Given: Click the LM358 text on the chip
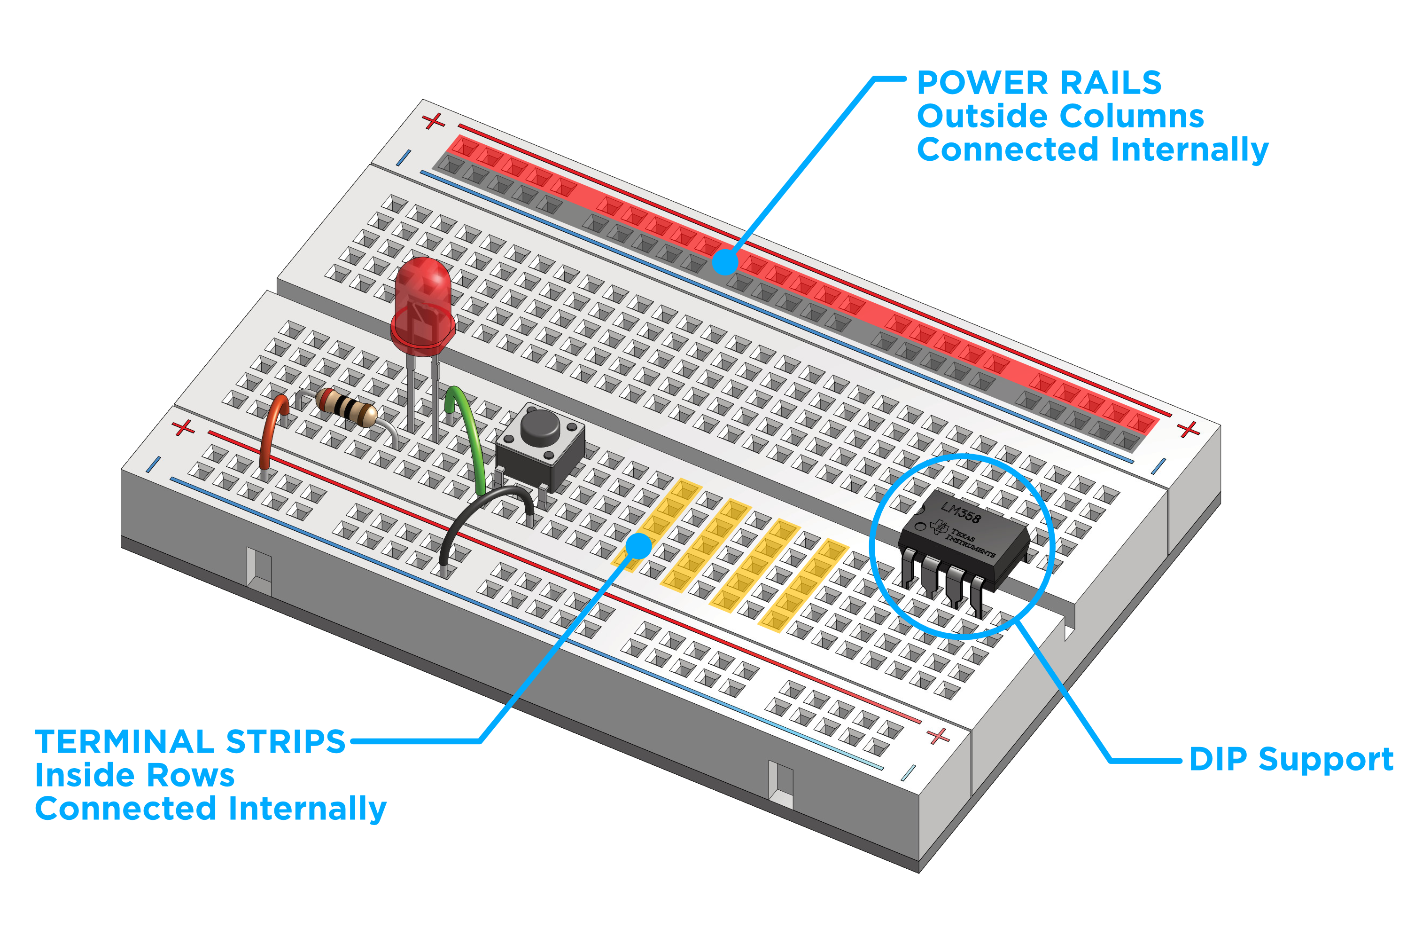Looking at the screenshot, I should [x=960, y=512].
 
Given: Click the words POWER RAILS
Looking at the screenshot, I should [x=1039, y=83].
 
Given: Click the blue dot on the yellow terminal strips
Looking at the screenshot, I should [x=639, y=545].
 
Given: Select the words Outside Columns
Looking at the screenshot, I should [x=1060, y=116].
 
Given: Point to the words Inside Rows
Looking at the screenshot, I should [x=135, y=776].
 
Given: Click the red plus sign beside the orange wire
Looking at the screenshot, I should [x=183, y=428].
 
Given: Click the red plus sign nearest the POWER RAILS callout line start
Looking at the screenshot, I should [x=434, y=121].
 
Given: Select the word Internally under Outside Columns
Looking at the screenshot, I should [x=1189, y=149].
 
